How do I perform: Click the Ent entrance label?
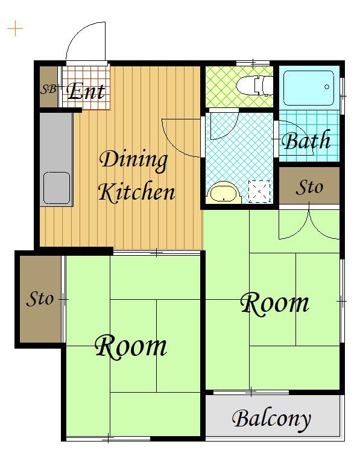[86, 92]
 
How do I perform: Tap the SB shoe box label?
[48, 89]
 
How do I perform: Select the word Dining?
[133, 160]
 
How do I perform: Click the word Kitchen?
[137, 192]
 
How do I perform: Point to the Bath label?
[306, 141]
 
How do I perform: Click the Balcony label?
[271, 419]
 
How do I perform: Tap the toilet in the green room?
[254, 86]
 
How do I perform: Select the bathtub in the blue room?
[309, 88]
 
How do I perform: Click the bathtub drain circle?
[327, 87]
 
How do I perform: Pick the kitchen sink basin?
[57, 188]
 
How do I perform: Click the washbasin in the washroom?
[224, 192]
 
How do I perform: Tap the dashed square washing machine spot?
[259, 191]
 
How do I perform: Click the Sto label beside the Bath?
[309, 187]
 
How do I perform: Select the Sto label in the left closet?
[40, 299]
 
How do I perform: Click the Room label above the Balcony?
[274, 303]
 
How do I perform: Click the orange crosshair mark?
[15, 28]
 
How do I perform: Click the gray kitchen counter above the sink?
[56, 142]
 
